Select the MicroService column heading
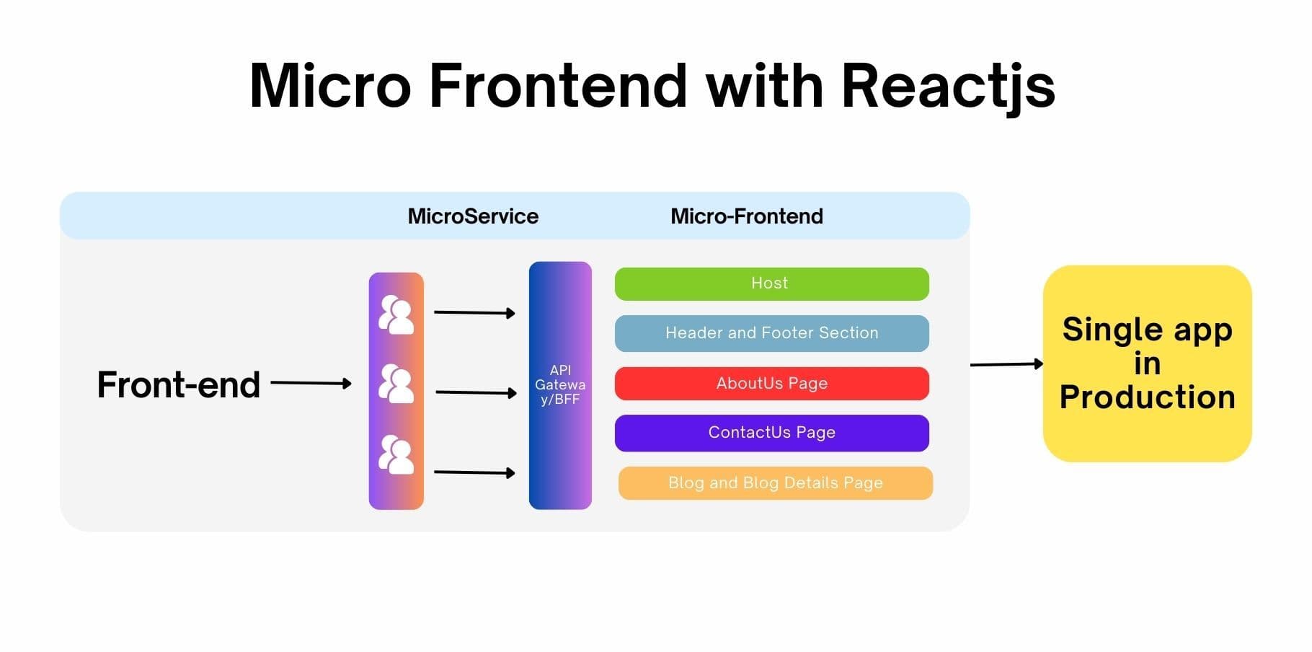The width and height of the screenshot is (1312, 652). coord(473,216)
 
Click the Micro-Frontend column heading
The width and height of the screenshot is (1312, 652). coord(746,216)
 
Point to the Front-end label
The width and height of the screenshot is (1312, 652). coord(178,384)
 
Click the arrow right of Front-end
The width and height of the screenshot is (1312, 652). coord(311,383)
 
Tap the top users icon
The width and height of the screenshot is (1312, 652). coord(396,314)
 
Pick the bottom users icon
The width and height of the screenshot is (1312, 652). coord(396,454)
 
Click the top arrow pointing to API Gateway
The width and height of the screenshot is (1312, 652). coord(474,313)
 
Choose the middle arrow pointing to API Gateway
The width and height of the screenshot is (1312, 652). coord(476,393)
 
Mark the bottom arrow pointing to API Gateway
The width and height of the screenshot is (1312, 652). coord(474,472)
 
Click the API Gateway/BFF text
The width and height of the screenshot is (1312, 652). coord(560,385)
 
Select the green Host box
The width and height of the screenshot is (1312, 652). coord(771,283)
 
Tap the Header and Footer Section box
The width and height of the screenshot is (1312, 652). coord(771,333)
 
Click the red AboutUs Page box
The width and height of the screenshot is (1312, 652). coord(771,384)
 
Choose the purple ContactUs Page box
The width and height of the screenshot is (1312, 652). coord(771,433)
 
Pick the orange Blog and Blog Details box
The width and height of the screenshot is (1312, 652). coord(775,483)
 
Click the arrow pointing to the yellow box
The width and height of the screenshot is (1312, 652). coord(1006,364)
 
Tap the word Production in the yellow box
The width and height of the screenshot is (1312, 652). coord(1147,397)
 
